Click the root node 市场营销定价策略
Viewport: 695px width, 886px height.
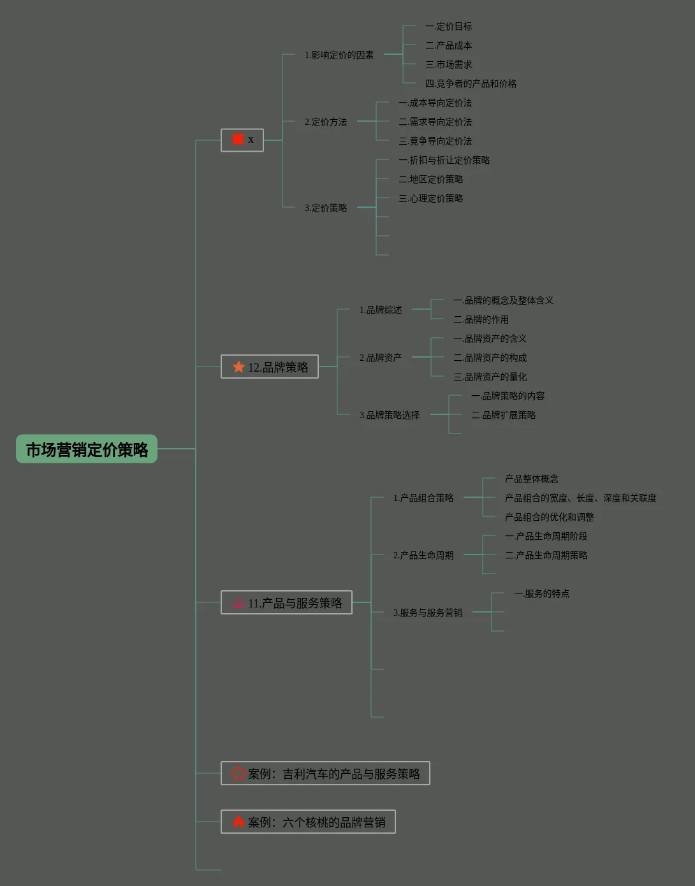pos(87,449)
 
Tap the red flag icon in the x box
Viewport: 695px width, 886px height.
pos(238,139)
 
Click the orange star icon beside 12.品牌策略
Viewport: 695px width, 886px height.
pos(238,367)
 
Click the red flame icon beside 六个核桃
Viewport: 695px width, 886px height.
pos(238,822)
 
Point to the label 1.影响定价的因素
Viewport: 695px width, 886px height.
pos(339,55)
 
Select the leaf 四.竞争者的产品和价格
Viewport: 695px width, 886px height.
pos(471,84)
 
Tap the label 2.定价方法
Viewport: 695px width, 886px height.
pos(326,122)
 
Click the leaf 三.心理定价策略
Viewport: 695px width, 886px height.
pos(431,198)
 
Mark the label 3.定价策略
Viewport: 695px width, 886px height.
pos(326,208)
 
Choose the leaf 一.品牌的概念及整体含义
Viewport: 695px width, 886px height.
pos(503,300)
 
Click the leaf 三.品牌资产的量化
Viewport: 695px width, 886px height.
pos(490,377)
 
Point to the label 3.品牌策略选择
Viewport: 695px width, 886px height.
pos(390,415)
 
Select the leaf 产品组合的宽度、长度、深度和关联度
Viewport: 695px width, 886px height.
pos(580,498)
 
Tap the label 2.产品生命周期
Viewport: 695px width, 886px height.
pos(423,555)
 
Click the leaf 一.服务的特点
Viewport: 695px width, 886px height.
pos(541,593)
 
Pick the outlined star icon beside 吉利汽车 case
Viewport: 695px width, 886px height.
pos(238,773)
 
